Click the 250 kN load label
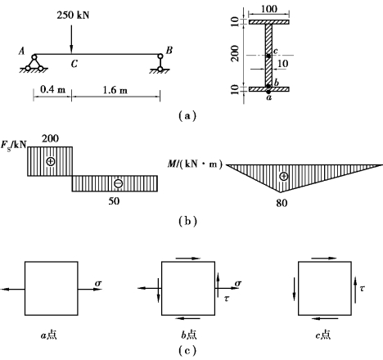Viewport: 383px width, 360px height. tap(73, 15)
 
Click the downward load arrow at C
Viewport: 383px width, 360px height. tap(71, 39)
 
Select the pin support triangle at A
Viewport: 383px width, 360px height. tap(34, 63)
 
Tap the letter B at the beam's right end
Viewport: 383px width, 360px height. tap(169, 50)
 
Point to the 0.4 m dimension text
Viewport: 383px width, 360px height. tap(52, 89)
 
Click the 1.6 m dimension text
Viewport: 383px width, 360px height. tap(115, 90)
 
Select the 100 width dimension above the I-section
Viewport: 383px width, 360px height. tap(269, 9)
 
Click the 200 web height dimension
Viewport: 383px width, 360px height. tap(235, 53)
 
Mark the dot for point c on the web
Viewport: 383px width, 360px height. tap(268, 56)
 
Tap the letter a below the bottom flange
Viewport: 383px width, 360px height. tap(269, 97)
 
